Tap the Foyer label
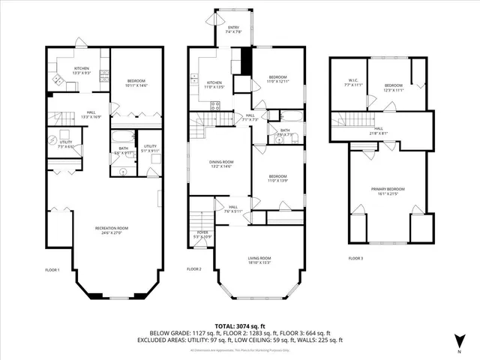202,235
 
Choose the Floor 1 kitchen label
82,70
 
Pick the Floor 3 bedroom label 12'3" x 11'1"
393,88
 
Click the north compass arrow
459,342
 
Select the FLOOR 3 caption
357,259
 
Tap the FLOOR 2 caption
194,269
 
